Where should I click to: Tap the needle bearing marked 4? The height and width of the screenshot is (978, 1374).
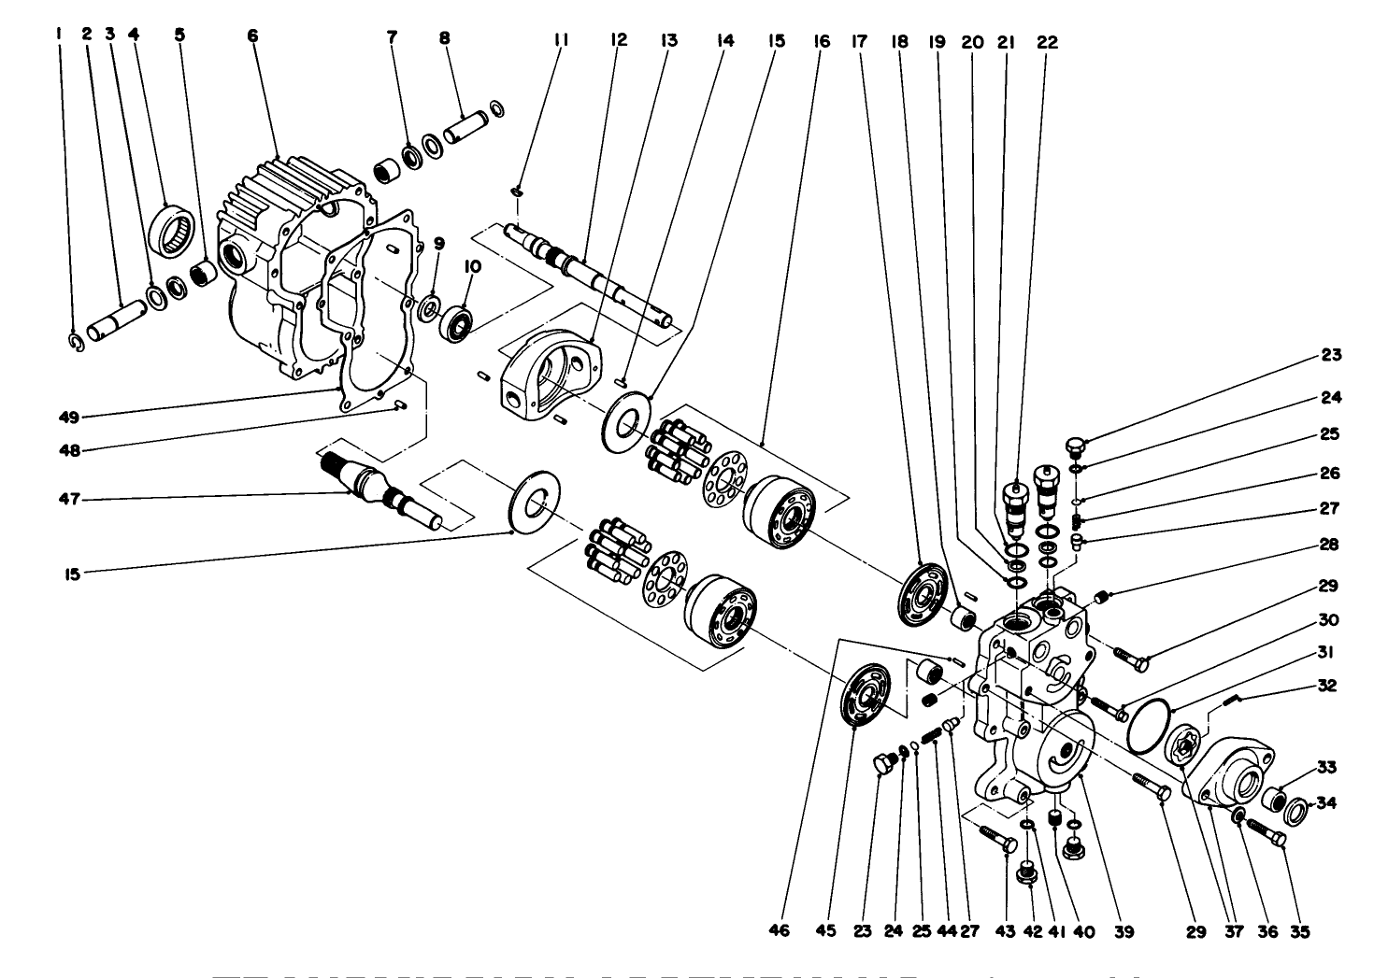(175, 230)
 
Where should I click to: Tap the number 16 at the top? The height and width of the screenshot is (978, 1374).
(820, 41)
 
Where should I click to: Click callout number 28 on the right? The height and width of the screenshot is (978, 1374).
(1329, 545)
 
